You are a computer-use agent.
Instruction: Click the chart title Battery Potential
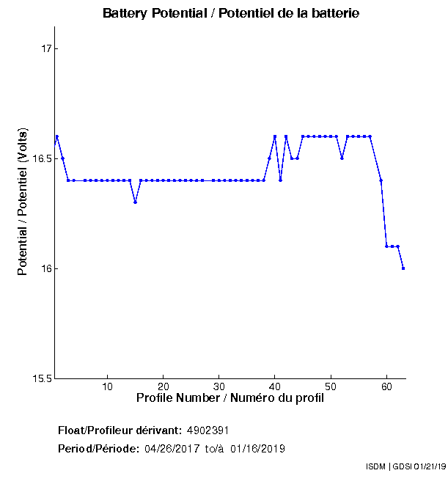tap(231, 14)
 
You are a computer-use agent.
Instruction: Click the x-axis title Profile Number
tap(230, 398)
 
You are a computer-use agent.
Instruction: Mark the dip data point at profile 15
tap(135, 202)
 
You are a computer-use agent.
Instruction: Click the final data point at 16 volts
tap(403, 268)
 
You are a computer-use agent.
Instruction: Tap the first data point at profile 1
tap(57, 136)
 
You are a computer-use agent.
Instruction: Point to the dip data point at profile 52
tap(342, 158)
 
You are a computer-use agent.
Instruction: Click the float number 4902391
tap(213, 430)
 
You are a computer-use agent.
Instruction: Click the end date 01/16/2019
tap(257, 448)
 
